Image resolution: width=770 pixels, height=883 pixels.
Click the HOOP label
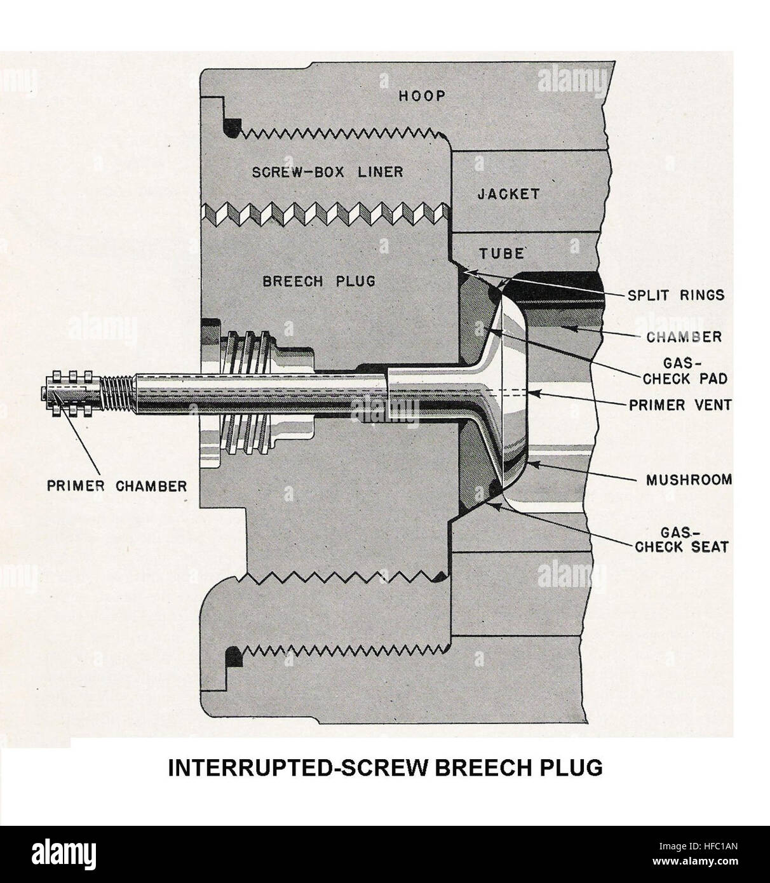(x=422, y=96)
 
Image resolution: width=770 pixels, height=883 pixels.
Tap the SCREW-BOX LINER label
(x=327, y=172)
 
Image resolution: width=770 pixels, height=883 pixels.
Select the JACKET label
(x=508, y=194)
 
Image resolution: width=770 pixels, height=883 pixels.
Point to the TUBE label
(x=501, y=253)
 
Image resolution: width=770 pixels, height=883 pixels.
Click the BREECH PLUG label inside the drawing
(x=319, y=281)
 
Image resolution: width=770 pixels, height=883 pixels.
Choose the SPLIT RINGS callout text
(x=676, y=295)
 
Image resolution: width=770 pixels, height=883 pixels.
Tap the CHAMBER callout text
(x=684, y=337)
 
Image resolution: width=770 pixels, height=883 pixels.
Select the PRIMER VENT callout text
(x=680, y=405)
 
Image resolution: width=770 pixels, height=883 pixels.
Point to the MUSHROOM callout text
(x=689, y=480)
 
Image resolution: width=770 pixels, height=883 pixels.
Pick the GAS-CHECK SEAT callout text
(x=682, y=539)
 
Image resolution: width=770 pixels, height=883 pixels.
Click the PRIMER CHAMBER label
(x=117, y=487)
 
